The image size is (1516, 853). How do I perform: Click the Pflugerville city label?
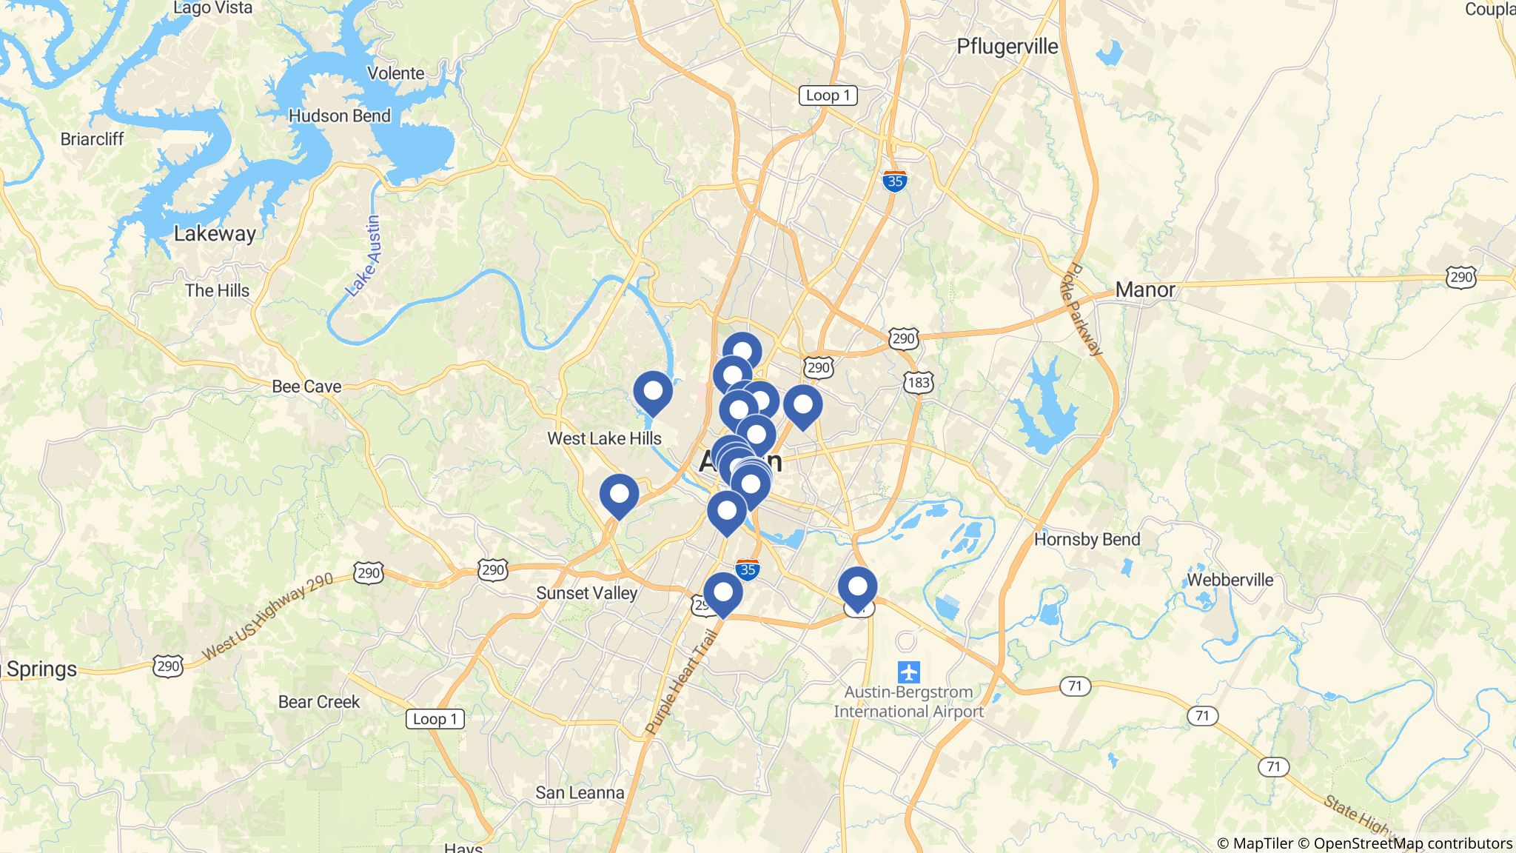click(1007, 47)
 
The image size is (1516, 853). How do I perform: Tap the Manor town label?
click(1144, 290)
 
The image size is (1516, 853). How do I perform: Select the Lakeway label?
click(215, 234)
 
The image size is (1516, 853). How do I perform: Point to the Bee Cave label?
click(306, 387)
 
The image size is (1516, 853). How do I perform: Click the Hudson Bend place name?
click(339, 116)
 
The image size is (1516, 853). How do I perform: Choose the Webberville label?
click(1230, 580)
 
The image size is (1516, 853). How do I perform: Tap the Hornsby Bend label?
click(1087, 540)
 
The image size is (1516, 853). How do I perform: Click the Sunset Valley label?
click(586, 593)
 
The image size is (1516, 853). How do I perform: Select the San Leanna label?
click(580, 793)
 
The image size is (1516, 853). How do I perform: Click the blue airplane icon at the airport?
click(908, 672)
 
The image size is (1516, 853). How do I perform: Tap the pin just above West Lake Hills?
click(653, 392)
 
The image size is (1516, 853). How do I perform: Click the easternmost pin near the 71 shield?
click(857, 587)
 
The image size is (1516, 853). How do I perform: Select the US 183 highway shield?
click(918, 383)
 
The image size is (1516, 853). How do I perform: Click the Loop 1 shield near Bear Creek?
click(435, 719)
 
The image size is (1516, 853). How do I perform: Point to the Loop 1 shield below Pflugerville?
click(828, 96)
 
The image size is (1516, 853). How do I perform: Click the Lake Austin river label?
click(363, 256)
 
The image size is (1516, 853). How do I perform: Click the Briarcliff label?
click(92, 139)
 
